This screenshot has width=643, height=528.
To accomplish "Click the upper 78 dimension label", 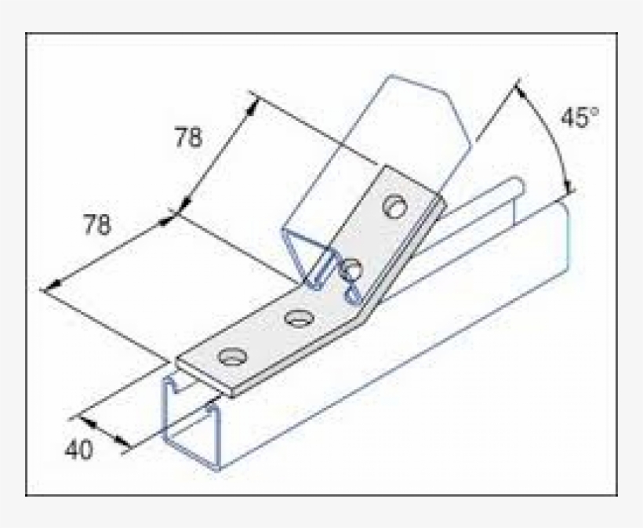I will [188, 138].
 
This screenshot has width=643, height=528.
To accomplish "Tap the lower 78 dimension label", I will [97, 226].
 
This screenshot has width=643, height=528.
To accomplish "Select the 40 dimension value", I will [78, 450].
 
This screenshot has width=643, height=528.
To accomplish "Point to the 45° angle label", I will [579, 118].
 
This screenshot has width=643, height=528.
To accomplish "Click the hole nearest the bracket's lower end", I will [231, 358].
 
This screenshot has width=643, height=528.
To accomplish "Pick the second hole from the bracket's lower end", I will [297, 318].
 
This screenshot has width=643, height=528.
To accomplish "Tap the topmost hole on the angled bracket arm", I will [394, 206].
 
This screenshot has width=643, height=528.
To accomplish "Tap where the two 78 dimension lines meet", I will [174, 213].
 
